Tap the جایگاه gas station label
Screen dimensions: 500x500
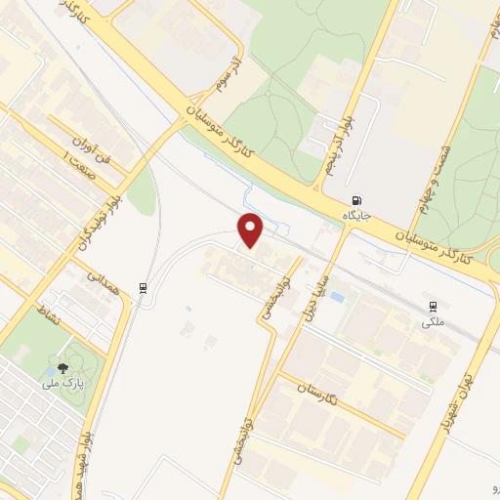pos(358,213)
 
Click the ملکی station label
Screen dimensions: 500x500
pos(432,319)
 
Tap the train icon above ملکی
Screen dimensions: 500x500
pos(433,305)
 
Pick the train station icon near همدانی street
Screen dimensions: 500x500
pos(144,287)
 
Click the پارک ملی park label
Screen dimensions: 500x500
pos(63,383)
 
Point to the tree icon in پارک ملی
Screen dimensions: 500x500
pos(63,368)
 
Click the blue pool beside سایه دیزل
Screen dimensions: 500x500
pos(337,296)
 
